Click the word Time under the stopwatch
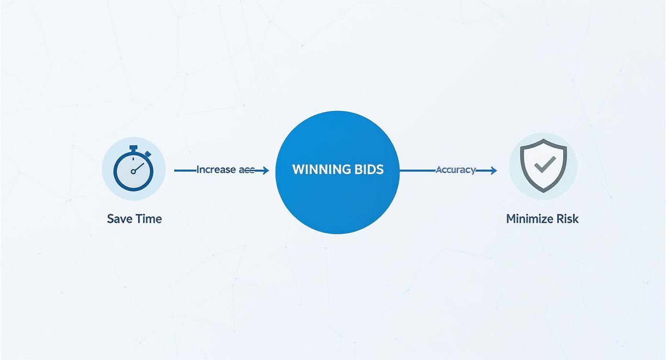[x=149, y=219]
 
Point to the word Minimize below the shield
[x=529, y=219]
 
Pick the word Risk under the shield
[x=568, y=219]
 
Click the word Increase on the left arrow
[x=216, y=169]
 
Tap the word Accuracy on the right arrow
[x=455, y=169]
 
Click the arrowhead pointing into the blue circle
[x=265, y=170]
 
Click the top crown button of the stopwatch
[x=133, y=147]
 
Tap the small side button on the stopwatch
[x=148, y=154]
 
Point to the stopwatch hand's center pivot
[x=133, y=171]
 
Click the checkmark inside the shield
[x=544, y=165]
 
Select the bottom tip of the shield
[x=544, y=191]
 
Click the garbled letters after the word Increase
[x=246, y=169]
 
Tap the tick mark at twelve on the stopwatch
[x=133, y=158]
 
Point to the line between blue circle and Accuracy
[x=417, y=170]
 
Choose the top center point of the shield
[x=544, y=140]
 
